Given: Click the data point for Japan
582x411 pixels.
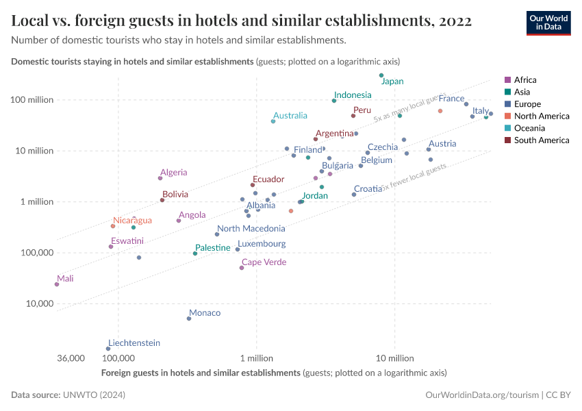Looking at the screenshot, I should pos(381,75).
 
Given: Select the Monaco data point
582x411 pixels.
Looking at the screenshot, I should pos(189,319).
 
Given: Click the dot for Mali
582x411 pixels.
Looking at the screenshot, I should pos(57,284).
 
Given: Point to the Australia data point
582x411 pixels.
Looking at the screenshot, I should pos(273,121).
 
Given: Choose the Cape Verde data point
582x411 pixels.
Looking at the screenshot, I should pos(242,268).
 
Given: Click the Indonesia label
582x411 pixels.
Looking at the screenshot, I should pos(353,95).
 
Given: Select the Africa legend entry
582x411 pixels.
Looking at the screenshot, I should pos(524,80).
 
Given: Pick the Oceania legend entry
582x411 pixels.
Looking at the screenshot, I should pos(529,128).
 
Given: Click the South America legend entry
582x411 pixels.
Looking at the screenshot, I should pos(541,140).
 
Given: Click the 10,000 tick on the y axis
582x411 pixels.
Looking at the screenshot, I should pos(40,303).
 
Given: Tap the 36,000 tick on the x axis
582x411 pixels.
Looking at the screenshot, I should pos(71,358).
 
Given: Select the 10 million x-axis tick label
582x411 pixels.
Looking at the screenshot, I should pos(395,358).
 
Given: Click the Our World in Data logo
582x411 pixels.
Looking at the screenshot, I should pos(548,23).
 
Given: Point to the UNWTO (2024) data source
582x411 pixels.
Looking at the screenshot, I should pos(94,395).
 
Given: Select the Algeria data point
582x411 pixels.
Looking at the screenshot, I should pos(160,178).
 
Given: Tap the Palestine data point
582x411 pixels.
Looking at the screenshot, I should pos(195,253).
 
